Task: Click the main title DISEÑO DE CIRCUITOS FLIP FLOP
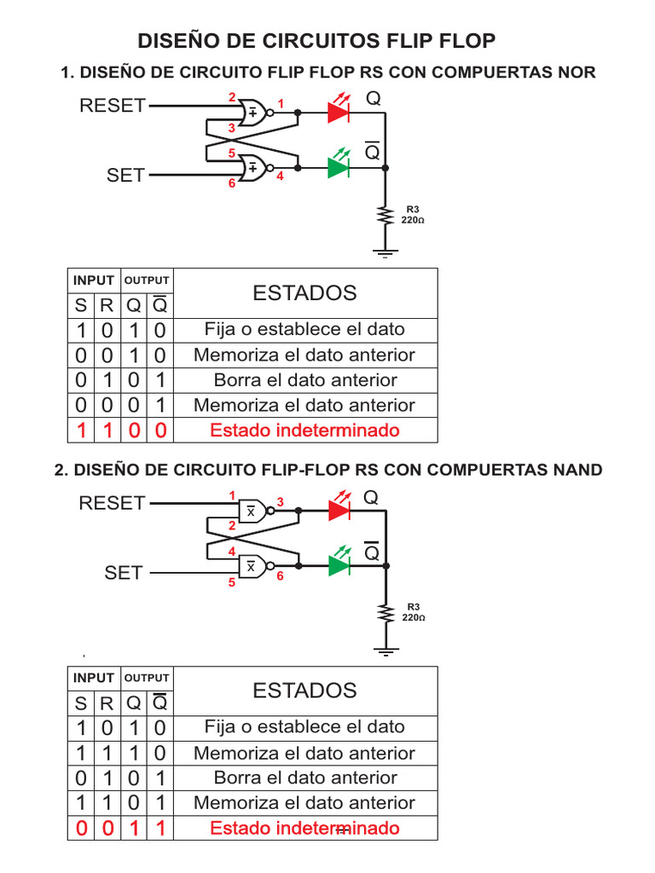[316, 41]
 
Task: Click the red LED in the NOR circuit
[339, 111]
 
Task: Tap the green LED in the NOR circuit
[339, 168]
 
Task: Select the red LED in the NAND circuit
[339, 510]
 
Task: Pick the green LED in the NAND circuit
[339, 564]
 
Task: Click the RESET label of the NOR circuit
[112, 106]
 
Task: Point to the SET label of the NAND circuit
[124, 573]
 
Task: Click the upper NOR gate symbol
[253, 112]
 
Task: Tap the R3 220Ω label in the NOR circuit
[413, 214]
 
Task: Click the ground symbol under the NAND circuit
[387, 652]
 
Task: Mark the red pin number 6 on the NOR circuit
[230, 183]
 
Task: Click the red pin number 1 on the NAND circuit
[231, 495]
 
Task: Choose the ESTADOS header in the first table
[304, 293]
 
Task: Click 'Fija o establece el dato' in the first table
[304, 329]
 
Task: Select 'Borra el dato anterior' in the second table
[304, 778]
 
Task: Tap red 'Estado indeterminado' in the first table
[304, 431]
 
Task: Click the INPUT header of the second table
[94, 678]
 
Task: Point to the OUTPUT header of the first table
[148, 280]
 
